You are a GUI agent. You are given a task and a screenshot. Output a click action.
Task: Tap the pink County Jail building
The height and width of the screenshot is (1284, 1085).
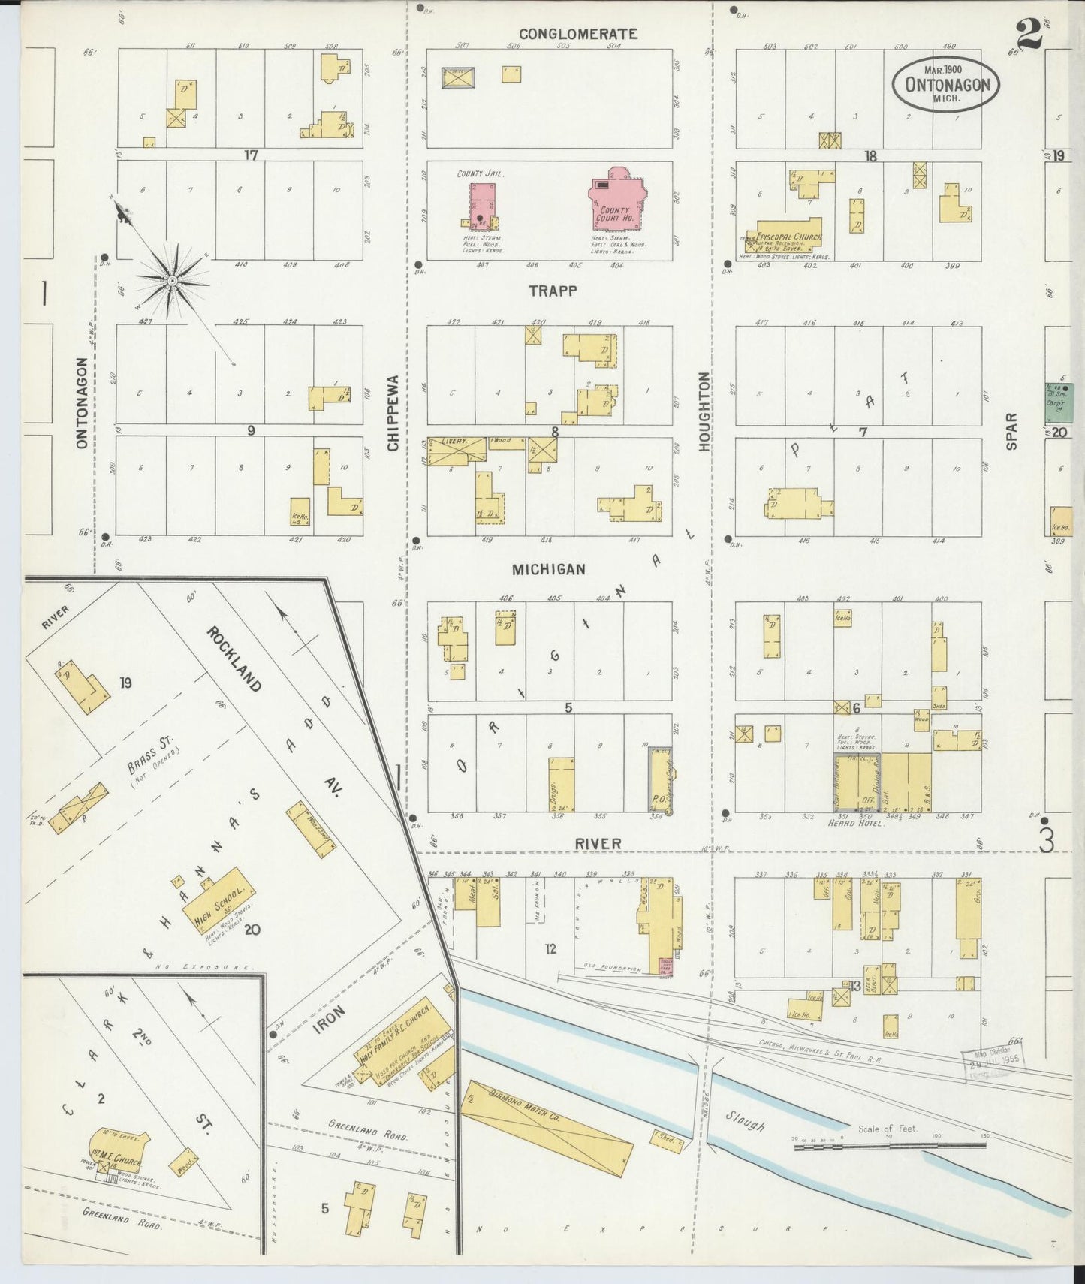[481, 205]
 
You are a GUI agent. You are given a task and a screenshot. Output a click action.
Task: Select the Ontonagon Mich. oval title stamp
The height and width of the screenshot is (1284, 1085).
[946, 84]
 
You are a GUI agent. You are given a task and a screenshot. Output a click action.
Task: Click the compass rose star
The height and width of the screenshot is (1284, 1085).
[172, 280]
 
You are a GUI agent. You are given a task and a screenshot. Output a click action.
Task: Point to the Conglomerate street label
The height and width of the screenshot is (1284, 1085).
[578, 34]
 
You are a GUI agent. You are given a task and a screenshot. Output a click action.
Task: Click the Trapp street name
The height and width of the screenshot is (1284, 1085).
[552, 291]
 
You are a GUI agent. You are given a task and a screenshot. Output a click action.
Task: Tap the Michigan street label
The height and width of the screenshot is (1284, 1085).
[548, 570]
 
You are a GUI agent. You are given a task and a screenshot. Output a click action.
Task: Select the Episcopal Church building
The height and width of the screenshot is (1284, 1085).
[785, 235]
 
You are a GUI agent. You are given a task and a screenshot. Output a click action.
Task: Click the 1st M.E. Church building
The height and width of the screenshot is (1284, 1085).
[119, 1150]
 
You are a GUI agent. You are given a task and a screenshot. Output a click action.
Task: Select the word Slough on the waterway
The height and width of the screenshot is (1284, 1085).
[745, 1121]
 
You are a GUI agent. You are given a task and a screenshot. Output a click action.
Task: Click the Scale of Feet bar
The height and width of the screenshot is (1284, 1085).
[890, 1146]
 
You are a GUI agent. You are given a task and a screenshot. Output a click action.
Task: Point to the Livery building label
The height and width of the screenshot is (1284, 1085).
[454, 442]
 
